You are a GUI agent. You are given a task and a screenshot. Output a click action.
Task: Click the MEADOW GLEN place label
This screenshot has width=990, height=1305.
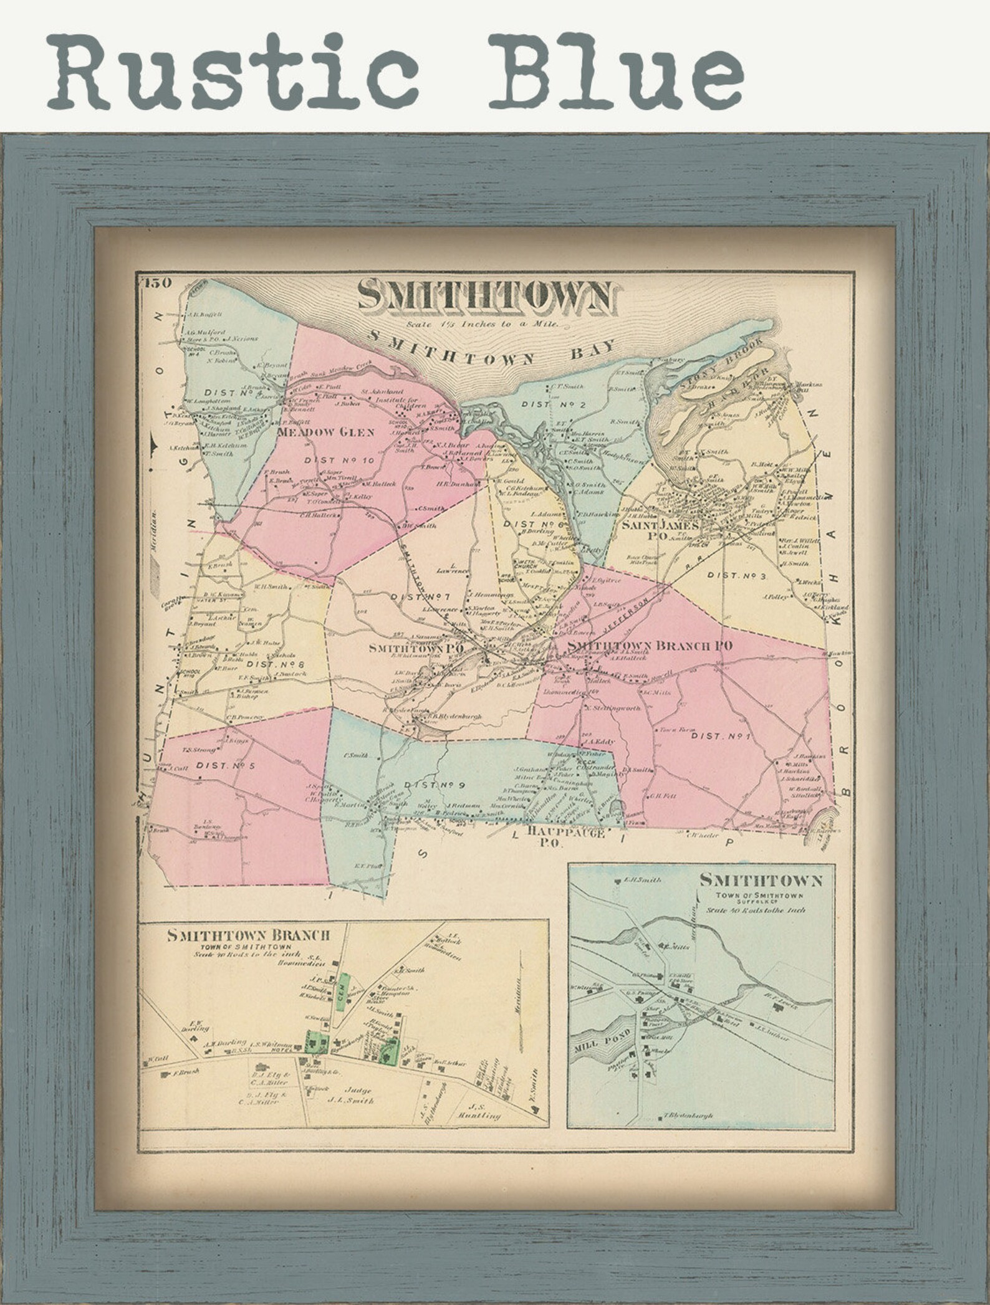[x=325, y=433]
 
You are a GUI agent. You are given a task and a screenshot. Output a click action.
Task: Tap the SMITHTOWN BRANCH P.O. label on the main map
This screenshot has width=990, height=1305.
[x=648, y=646]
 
